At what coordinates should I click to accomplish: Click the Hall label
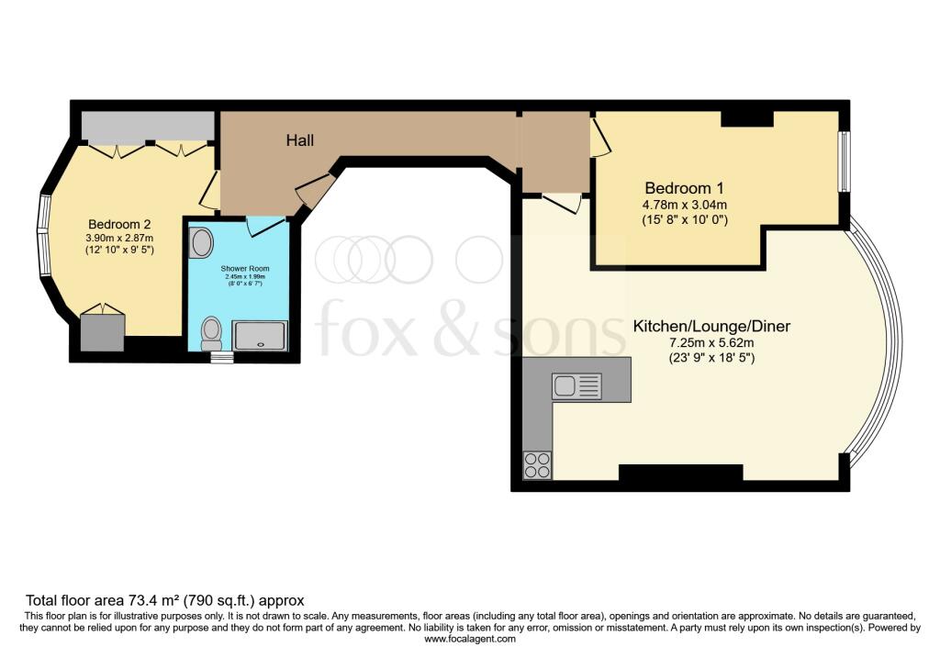point(300,140)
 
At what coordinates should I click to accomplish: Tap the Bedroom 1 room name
point(685,188)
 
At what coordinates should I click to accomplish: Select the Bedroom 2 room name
point(119,224)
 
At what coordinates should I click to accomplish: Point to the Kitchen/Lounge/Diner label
point(711,326)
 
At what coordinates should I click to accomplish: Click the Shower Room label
point(244,269)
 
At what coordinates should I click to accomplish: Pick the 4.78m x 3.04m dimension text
point(685,205)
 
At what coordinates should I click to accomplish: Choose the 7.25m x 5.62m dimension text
point(711,343)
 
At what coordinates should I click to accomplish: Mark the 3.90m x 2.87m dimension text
point(119,238)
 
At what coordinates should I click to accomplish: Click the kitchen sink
point(576,386)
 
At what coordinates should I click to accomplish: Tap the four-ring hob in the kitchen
point(537,465)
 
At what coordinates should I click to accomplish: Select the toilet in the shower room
point(210,333)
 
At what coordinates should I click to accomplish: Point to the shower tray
point(261,335)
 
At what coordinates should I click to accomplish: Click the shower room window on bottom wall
point(222,357)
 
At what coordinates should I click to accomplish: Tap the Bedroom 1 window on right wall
point(845,162)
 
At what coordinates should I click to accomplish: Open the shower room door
point(263,226)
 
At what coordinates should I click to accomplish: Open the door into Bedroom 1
point(600,137)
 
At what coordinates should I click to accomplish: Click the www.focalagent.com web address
point(470,639)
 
